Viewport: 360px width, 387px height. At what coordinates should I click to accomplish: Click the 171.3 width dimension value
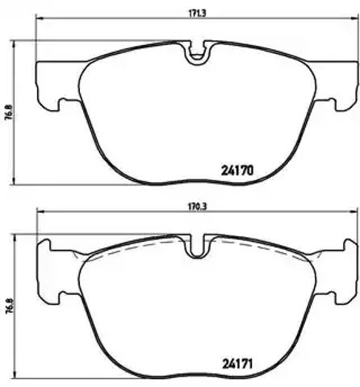tap(197, 14)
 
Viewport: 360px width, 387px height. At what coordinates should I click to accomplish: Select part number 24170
tap(237, 170)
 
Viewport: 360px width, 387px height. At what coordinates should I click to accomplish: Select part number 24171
tap(237, 364)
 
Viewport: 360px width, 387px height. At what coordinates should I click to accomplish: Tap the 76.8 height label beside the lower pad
tap(8, 306)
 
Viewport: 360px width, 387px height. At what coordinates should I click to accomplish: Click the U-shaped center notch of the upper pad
tap(198, 54)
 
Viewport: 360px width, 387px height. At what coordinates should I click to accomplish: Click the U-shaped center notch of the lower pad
tap(198, 248)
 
